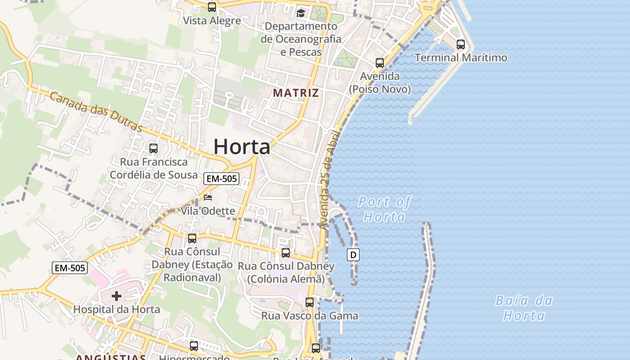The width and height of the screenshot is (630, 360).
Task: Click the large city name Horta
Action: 242,147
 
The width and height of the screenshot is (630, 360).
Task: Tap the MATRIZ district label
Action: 296,93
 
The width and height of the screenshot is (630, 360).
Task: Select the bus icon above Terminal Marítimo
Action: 460,44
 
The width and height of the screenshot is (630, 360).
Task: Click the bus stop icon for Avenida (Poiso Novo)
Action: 380,63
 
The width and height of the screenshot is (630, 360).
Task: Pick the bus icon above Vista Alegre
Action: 211,7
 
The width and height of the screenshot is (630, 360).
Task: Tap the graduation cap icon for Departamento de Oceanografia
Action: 301,13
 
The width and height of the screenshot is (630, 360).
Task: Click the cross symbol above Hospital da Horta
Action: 117,296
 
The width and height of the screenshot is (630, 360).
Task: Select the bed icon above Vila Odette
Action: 208,197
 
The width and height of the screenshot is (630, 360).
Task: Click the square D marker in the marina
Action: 353,255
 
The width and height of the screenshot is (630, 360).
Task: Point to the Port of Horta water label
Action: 384,209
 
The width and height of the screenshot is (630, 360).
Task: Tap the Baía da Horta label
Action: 524,308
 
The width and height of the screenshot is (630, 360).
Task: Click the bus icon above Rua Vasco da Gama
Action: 310,302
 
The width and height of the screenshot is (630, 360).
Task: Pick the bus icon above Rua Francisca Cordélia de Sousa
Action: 153,148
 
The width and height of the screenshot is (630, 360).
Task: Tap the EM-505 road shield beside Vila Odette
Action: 221,179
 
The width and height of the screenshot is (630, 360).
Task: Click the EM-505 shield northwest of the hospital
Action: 69,268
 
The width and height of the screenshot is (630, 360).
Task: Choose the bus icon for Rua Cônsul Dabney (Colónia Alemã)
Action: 286,252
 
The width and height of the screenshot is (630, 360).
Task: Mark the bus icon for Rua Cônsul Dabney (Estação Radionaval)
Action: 192,238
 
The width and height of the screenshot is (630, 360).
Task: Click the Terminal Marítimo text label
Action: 461,58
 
